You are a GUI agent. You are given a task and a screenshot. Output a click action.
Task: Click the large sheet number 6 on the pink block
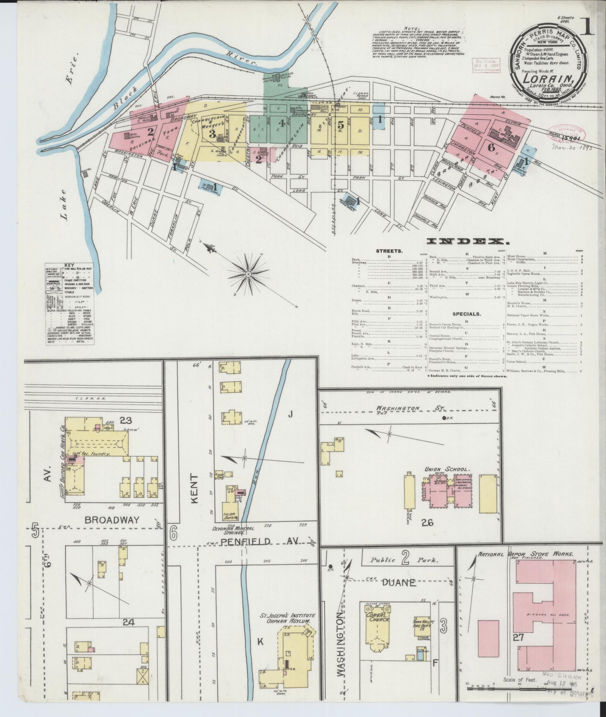coord(491,147)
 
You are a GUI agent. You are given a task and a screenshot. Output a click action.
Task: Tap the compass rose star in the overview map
coord(248,275)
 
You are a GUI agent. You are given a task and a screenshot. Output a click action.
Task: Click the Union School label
coord(443,469)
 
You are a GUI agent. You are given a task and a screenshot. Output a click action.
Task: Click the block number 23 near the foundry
coord(126,420)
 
